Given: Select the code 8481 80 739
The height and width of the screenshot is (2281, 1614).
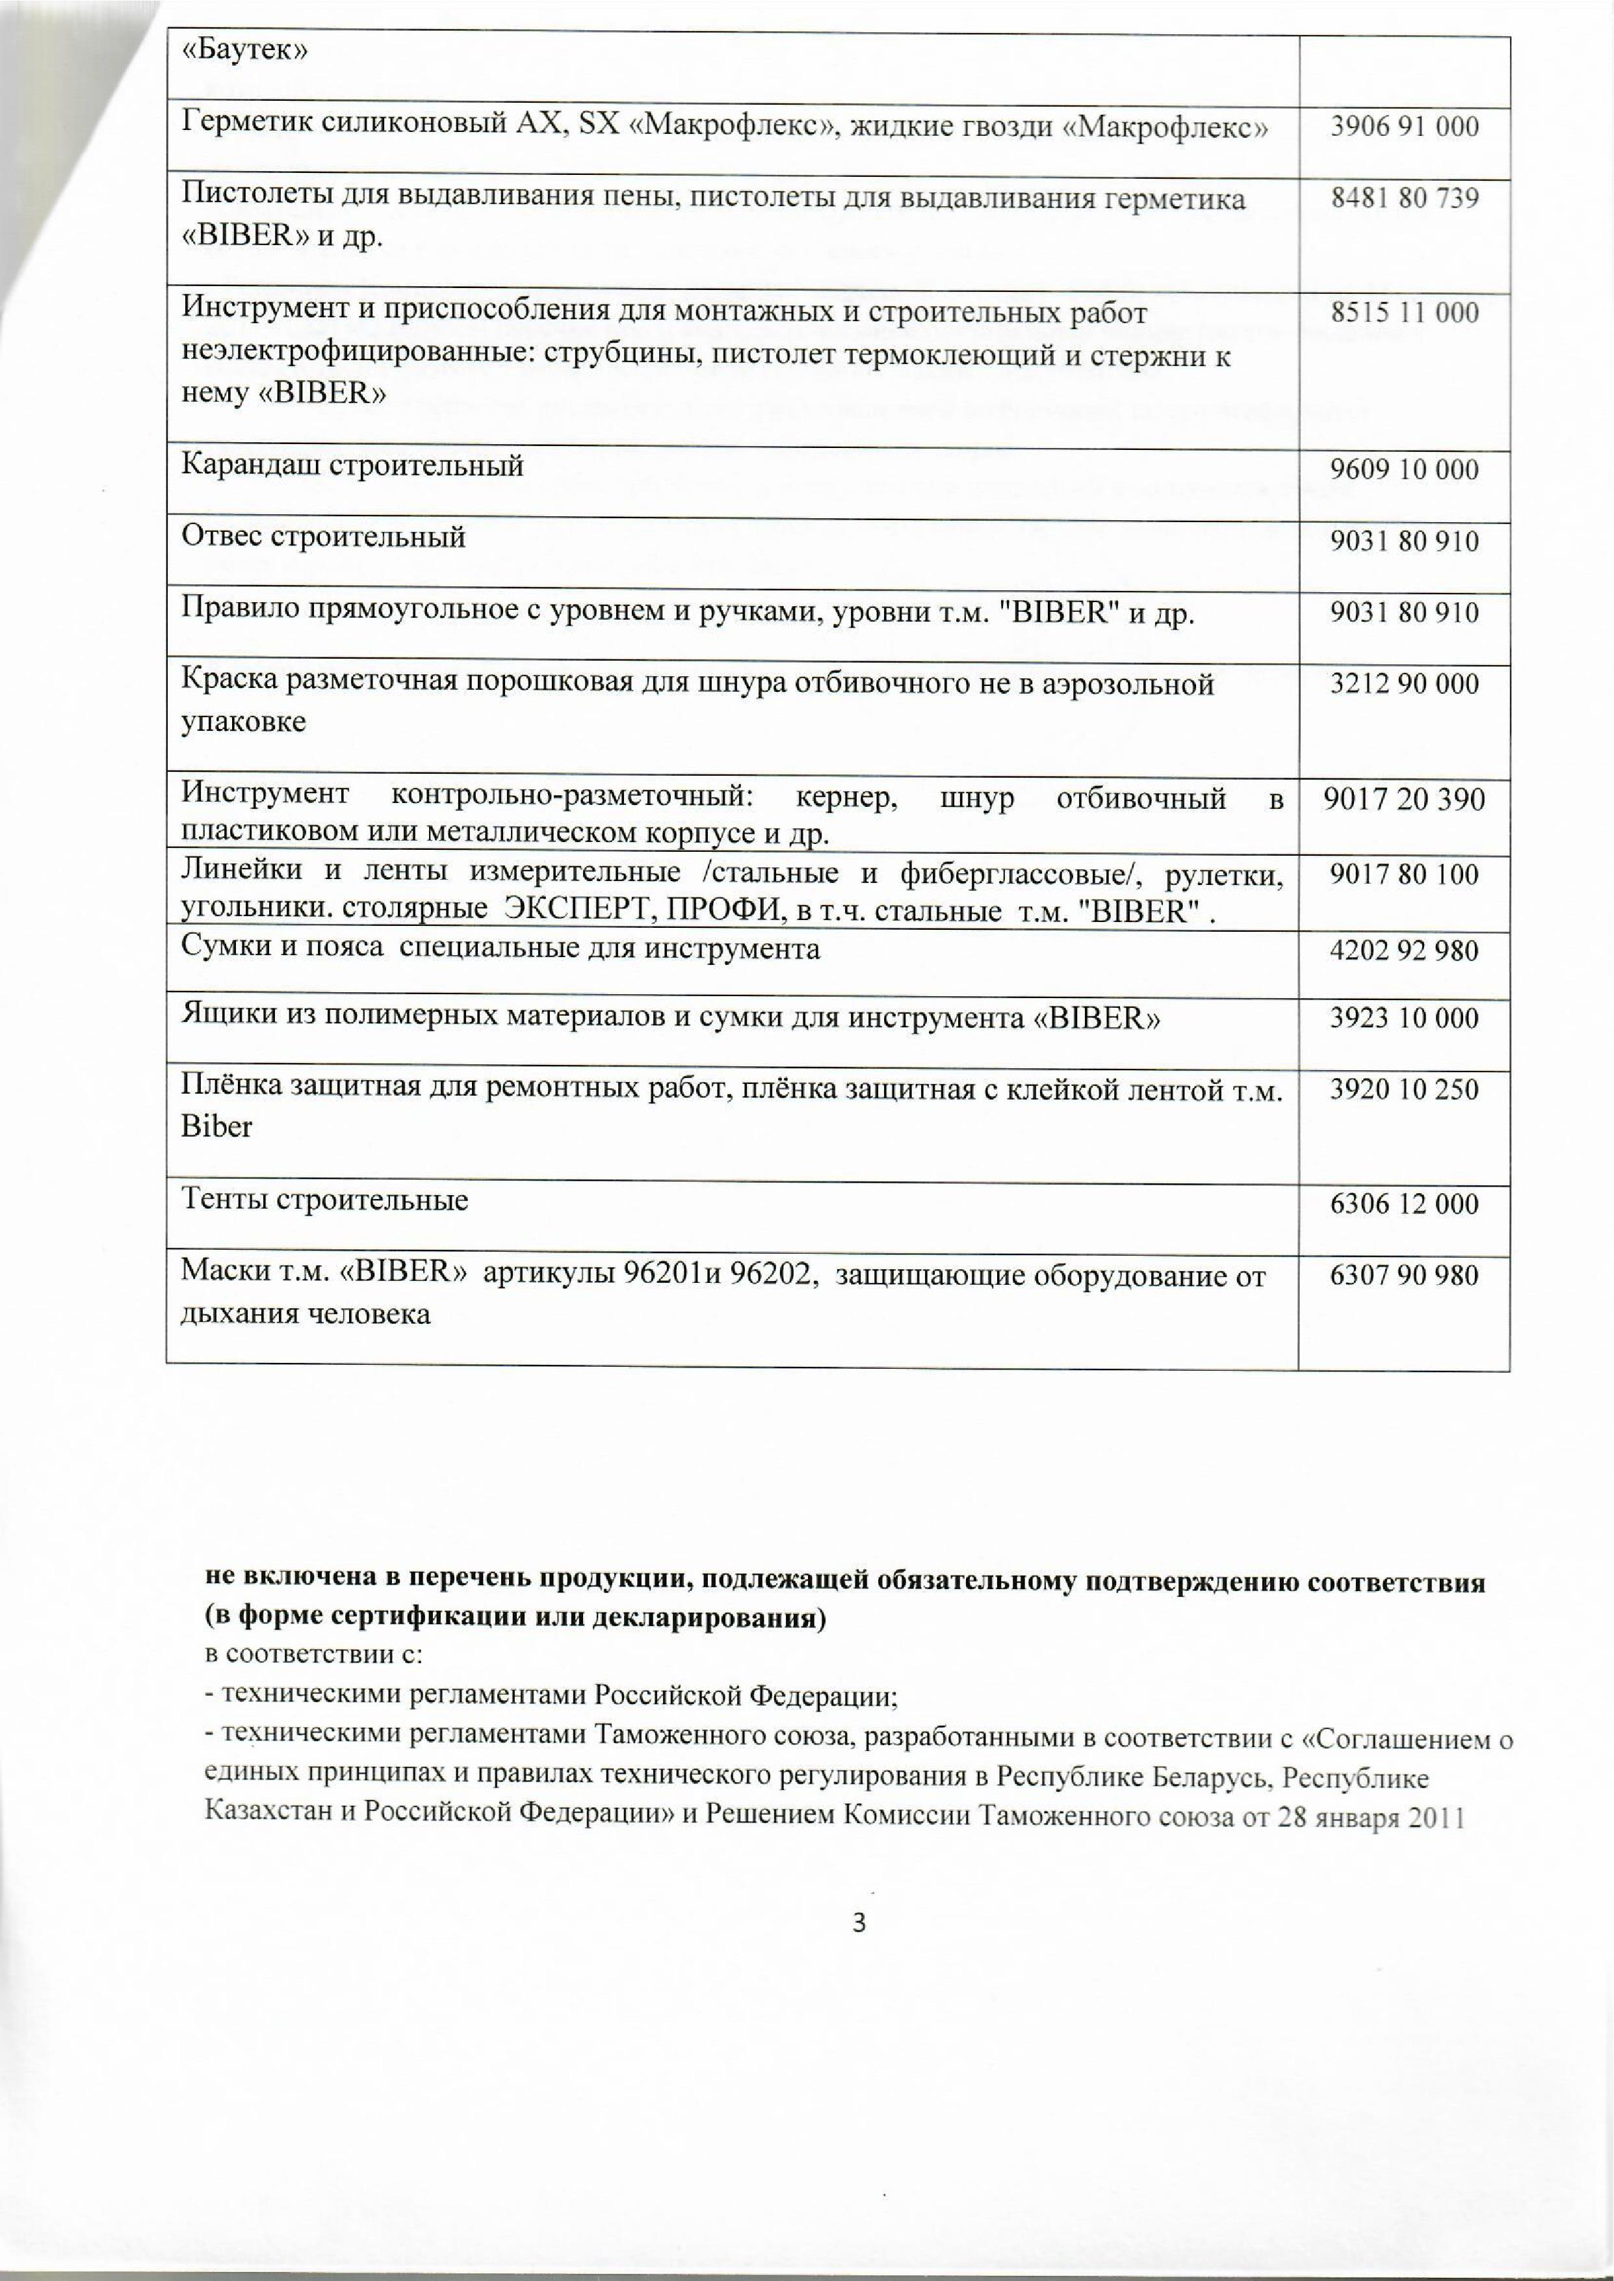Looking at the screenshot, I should click(1404, 198).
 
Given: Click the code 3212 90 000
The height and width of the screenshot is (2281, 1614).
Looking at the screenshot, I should click(1404, 684).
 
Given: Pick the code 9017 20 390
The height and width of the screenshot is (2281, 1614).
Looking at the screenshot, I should click(1404, 799).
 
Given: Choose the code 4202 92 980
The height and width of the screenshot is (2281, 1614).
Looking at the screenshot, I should click(1404, 951).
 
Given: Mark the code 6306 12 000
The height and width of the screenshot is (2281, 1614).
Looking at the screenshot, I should click(1404, 1205).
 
